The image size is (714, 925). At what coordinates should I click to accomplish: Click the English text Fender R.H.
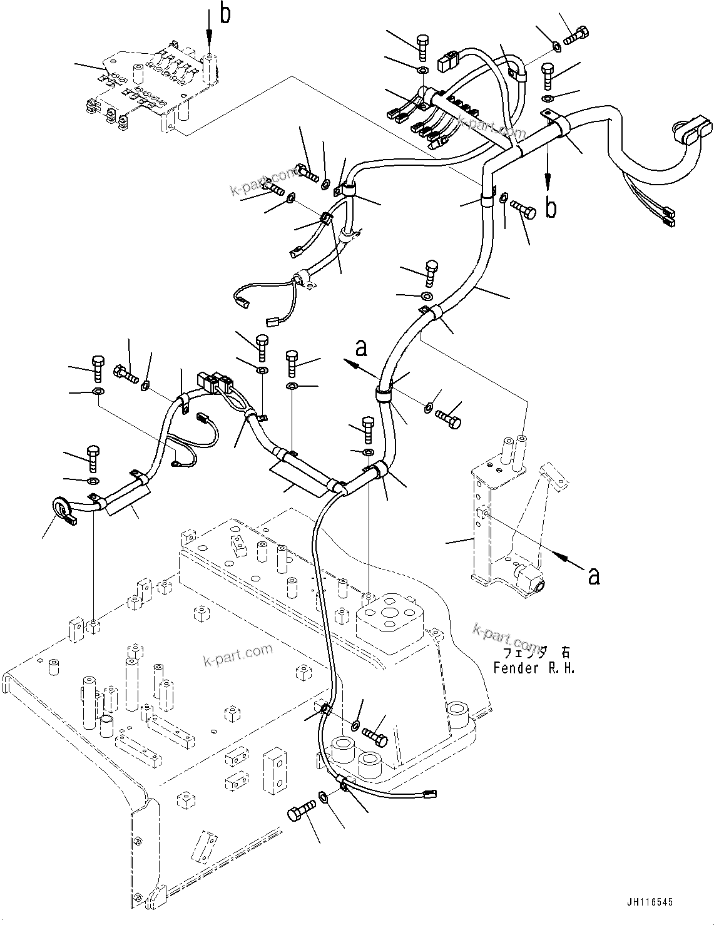click(x=533, y=668)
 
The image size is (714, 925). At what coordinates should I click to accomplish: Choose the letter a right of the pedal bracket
click(x=593, y=575)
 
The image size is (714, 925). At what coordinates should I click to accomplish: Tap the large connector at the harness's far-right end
click(x=692, y=130)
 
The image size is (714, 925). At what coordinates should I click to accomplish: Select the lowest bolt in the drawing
click(x=298, y=814)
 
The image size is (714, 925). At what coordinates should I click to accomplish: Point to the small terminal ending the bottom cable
click(x=431, y=795)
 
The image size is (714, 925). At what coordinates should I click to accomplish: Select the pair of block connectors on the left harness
click(x=215, y=381)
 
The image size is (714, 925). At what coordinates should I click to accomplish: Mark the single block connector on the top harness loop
click(x=446, y=61)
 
